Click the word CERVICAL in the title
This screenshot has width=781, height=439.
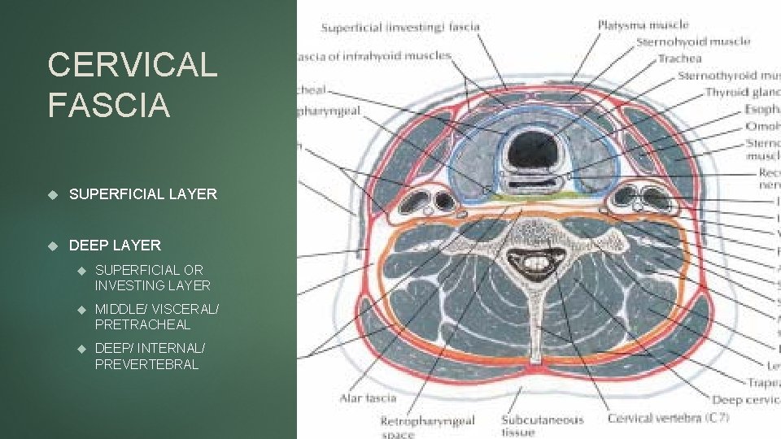point(133,65)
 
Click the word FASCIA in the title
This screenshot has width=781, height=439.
point(109,105)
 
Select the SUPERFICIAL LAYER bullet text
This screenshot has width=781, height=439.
point(143,194)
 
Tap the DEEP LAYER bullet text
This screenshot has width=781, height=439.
point(115,245)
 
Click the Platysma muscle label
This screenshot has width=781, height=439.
point(643,25)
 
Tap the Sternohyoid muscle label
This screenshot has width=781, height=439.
point(692,41)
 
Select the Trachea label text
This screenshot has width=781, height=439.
point(679,59)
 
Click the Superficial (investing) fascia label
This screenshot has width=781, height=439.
point(400,28)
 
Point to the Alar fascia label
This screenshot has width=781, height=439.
point(368,398)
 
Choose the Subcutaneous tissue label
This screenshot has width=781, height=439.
point(542,425)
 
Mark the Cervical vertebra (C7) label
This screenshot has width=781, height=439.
point(668,419)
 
